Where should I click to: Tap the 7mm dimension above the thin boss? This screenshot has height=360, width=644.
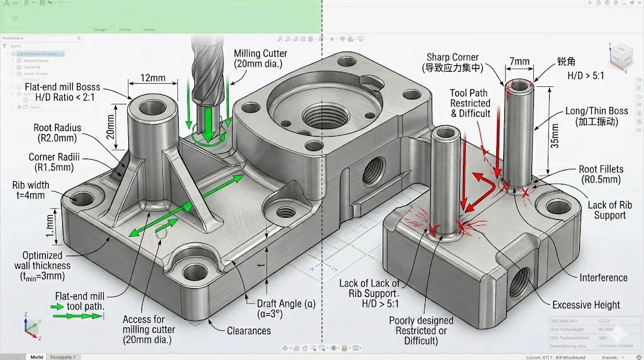[x=519, y=62]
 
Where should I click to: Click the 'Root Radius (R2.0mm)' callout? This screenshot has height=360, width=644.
[x=57, y=133]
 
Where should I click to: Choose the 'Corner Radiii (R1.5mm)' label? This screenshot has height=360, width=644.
[x=50, y=162]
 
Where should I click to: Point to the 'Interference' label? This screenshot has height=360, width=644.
[x=603, y=278]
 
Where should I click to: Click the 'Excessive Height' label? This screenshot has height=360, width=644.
[x=586, y=305]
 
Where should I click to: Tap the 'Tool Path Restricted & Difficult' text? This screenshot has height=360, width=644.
[x=470, y=103]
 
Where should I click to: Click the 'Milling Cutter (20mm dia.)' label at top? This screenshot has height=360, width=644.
[x=260, y=59]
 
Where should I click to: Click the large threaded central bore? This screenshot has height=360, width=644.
[x=320, y=117]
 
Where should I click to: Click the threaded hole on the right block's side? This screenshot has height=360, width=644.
[x=519, y=284]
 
